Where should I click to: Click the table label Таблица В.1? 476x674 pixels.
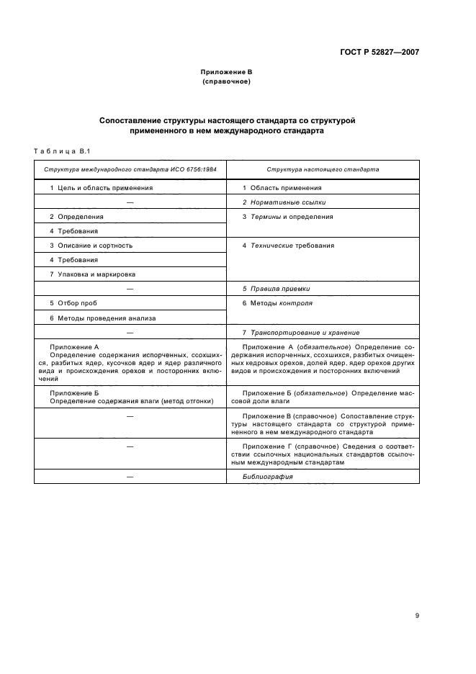(60, 150)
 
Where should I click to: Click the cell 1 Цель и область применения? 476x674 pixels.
(101, 187)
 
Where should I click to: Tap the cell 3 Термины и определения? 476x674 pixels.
(287, 217)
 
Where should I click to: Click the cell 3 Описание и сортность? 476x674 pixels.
(91, 246)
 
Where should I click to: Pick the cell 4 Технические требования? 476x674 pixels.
(288, 246)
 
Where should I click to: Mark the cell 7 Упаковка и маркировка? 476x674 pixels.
(92, 274)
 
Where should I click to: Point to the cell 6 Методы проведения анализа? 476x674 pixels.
(102, 318)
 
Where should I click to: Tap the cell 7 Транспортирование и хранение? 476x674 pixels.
(300, 332)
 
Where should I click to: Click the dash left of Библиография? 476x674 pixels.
(130, 496)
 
